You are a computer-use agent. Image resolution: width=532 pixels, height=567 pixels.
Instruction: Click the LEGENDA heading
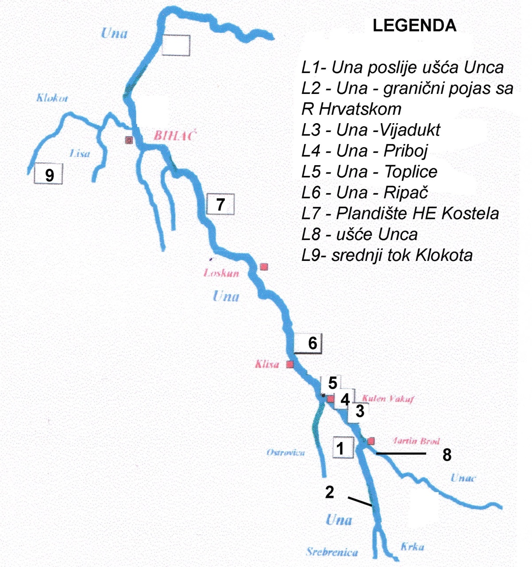414,26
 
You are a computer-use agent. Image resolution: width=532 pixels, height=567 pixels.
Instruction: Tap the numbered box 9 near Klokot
49,174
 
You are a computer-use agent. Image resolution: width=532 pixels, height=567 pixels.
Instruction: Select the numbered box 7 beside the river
220,204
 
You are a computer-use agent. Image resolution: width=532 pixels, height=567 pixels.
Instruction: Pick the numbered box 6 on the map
308,343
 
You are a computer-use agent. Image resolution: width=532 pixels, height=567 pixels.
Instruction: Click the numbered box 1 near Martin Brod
343,448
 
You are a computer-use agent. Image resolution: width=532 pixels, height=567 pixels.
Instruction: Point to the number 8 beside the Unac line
447,455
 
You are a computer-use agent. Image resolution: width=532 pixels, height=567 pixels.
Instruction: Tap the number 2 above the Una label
330,492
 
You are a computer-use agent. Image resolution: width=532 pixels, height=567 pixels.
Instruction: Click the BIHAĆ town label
174,136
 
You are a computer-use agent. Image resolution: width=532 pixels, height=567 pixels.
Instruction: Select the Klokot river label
52,98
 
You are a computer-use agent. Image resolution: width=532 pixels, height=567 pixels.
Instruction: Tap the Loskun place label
221,273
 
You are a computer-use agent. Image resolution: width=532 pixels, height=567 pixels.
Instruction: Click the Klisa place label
267,364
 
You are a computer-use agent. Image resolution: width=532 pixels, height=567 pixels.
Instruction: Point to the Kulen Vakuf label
388,398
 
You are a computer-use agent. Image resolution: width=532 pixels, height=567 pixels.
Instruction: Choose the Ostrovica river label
285,452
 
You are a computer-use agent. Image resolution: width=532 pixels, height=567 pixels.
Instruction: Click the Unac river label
463,478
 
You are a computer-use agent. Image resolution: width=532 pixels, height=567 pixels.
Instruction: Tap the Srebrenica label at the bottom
332,552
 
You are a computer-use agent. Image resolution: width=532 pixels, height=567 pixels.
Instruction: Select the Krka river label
412,547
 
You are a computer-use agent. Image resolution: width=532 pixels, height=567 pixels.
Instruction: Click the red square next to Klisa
290,365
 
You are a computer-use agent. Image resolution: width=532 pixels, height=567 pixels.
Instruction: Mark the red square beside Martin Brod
371,441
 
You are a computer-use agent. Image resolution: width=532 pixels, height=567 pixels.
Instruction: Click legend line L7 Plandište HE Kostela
400,214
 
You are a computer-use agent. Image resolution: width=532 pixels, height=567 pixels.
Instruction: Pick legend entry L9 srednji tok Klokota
387,255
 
